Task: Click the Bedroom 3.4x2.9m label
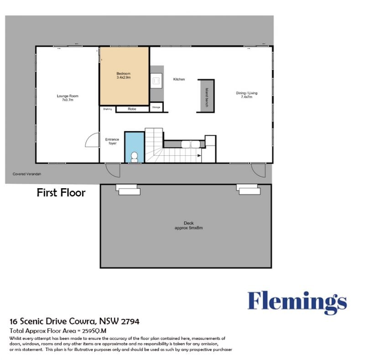[x=124, y=75]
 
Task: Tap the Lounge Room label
[x=68, y=96]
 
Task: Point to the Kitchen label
[x=179, y=79]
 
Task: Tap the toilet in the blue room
[x=134, y=157]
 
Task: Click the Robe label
[x=132, y=109]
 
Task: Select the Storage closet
[x=156, y=107]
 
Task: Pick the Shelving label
[x=108, y=109]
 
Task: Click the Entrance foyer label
[x=112, y=141]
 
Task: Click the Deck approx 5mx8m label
[x=189, y=226]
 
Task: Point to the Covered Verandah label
[x=27, y=174]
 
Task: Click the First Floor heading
[x=61, y=193]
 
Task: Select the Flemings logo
[x=297, y=303]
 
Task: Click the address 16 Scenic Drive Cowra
[x=52, y=321]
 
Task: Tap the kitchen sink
[x=156, y=81]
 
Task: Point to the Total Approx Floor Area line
[x=58, y=331]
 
